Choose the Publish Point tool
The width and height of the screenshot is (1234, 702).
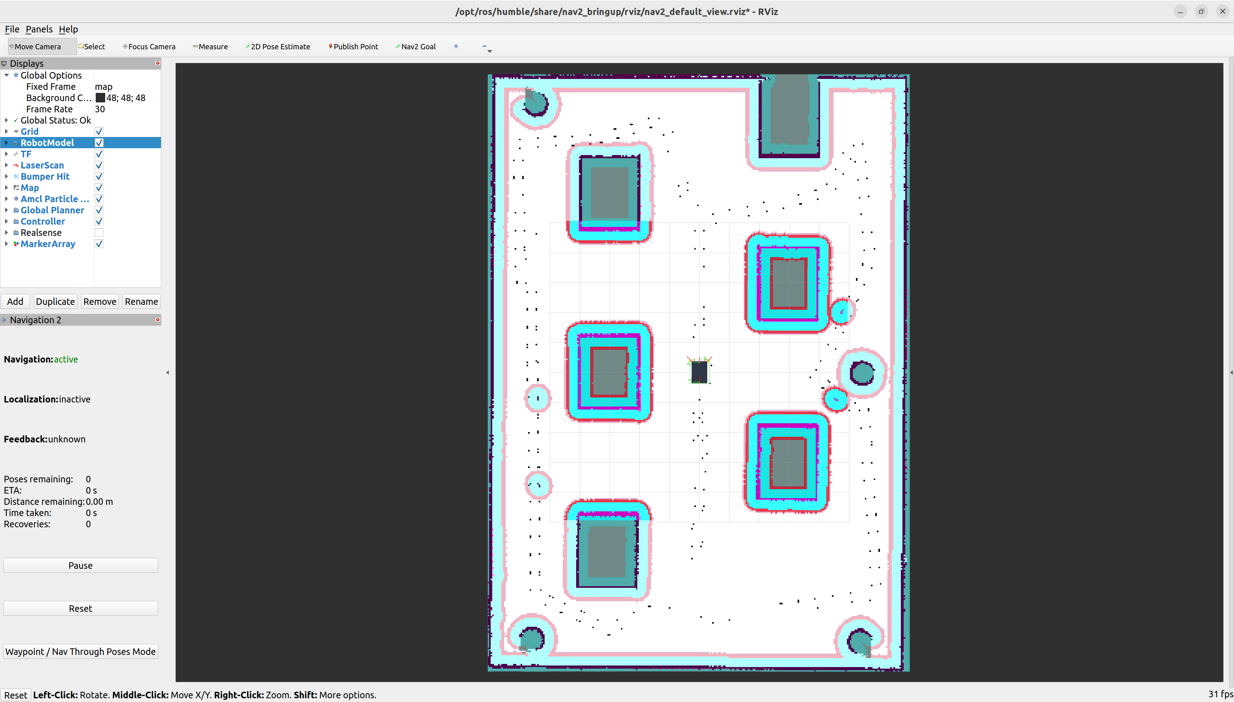[353, 46]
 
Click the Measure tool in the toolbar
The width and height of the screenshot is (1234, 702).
[210, 46]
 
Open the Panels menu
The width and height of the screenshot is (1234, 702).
[39, 29]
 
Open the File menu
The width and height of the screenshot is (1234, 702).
[12, 29]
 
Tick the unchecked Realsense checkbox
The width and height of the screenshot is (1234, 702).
[99, 232]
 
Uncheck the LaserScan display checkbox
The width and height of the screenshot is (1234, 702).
[99, 165]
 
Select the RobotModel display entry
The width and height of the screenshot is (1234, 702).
[47, 143]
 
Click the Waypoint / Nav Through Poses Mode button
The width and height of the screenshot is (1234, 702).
[80, 651]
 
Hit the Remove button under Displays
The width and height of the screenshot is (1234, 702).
[100, 301]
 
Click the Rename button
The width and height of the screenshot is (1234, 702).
[141, 301]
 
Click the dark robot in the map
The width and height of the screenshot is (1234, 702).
[699, 372]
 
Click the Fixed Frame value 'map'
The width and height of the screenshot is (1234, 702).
[104, 87]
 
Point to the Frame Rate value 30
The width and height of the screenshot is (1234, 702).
[100, 109]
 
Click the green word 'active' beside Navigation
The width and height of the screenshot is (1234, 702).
[66, 359]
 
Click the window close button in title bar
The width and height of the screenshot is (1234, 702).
[1222, 11]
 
